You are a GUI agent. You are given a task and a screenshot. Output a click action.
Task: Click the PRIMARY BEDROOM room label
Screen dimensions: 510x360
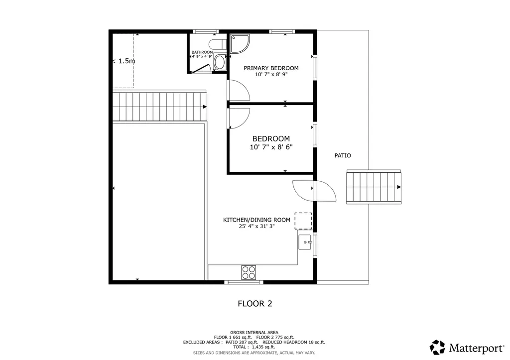pos(271,68)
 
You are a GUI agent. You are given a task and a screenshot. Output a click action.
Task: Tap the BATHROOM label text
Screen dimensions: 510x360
pos(202,52)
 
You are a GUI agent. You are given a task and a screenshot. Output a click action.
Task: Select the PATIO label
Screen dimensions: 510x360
pos(343,155)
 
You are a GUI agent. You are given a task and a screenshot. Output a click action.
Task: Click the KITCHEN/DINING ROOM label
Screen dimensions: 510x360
pos(256,220)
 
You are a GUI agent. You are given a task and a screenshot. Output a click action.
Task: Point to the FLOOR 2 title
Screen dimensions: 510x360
pos(255,304)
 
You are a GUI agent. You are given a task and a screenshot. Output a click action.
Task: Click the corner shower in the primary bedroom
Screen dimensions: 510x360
pos(240,44)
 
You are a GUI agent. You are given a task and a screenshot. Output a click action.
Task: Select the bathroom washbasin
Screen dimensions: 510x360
pos(220,62)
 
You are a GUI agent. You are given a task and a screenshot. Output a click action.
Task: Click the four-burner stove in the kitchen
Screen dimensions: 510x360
pos(249,272)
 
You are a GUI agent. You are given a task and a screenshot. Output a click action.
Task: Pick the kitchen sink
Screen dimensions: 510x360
pos(305,242)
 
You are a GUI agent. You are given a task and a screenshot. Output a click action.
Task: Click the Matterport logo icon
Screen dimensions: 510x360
pos(437,348)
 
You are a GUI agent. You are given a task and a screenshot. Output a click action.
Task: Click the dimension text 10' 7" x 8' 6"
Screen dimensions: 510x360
pos(271,147)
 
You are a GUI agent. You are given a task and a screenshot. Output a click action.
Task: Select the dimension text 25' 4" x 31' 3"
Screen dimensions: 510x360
pos(256,227)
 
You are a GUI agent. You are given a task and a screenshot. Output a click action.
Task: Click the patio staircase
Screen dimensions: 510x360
pos(374,187)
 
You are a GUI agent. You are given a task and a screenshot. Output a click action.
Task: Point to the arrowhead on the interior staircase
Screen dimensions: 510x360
pos(205,107)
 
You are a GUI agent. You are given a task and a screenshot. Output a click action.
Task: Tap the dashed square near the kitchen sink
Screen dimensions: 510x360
pos(303,221)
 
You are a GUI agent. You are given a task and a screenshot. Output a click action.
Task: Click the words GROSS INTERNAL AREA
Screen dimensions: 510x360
pos(254,333)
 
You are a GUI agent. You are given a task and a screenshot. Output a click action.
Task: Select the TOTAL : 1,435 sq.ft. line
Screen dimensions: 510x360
pos(254,348)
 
